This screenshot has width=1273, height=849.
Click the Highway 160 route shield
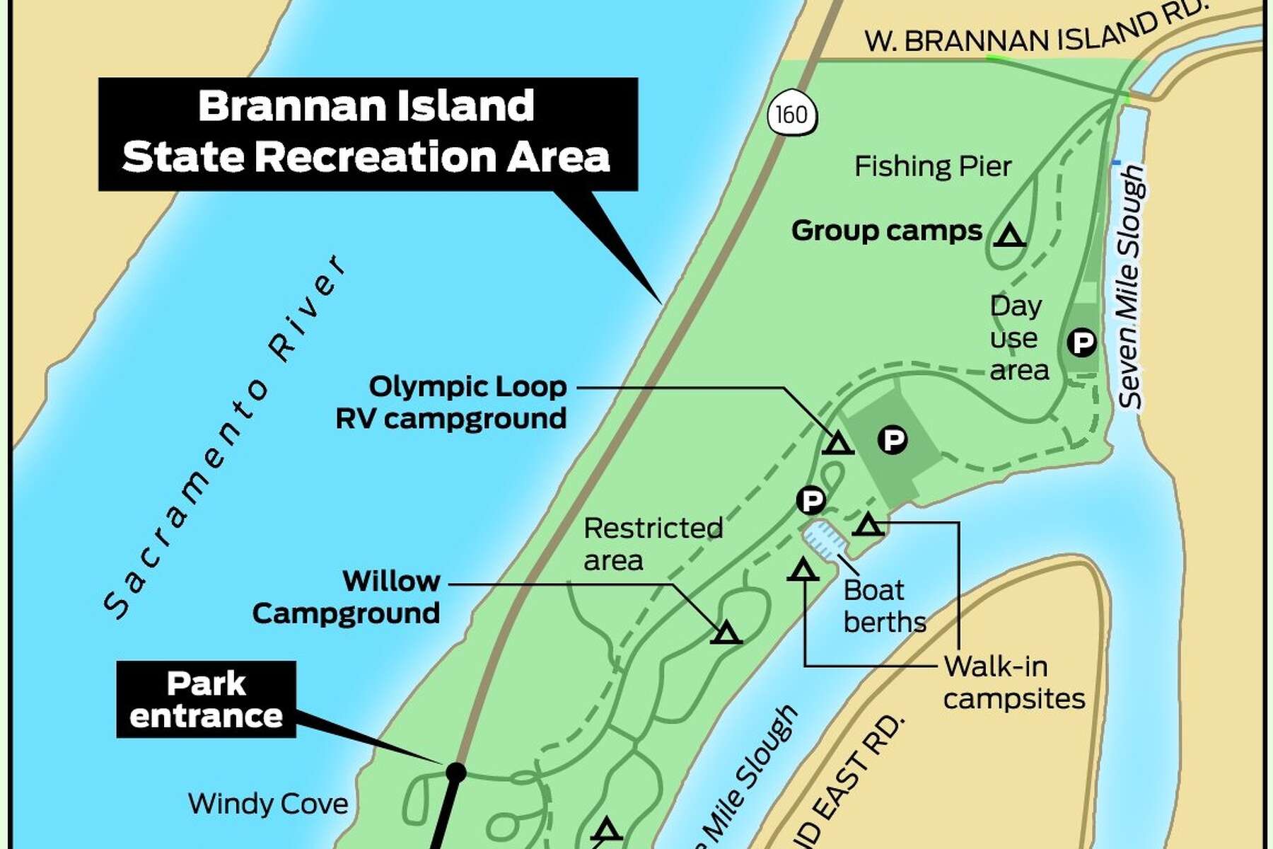pyautogui.click(x=792, y=114)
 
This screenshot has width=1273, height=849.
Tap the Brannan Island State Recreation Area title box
pyautogui.click(x=367, y=133)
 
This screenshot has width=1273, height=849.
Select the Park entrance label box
pyautogui.click(x=206, y=699)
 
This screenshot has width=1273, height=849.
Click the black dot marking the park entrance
pyautogui.click(x=456, y=772)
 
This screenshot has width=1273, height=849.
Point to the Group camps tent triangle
pyautogui.click(x=1009, y=235)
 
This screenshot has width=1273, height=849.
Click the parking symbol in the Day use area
pyautogui.click(x=1081, y=343)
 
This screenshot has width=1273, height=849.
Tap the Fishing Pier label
pyautogui.click(x=932, y=167)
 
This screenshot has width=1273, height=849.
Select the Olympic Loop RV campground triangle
pyautogui.click(x=838, y=444)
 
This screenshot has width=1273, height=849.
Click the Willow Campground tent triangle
pyautogui.click(x=726, y=633)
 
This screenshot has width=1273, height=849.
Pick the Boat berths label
pyautogui.click(x=884, y=606)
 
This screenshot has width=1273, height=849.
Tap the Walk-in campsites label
pyautogui.click(x=1013, y=682)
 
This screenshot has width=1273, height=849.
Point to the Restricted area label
pyautogui.click(x=653, y=544)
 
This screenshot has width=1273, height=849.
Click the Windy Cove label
pyautogui.click(x=268, y=804)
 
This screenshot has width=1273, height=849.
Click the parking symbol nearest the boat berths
pyautogui.click(x=811, y=501)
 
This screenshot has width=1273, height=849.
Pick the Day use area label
pyautogui.click(x=1018, y=338)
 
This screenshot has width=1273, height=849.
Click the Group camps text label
pyautogui.click(x=887, y=231)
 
